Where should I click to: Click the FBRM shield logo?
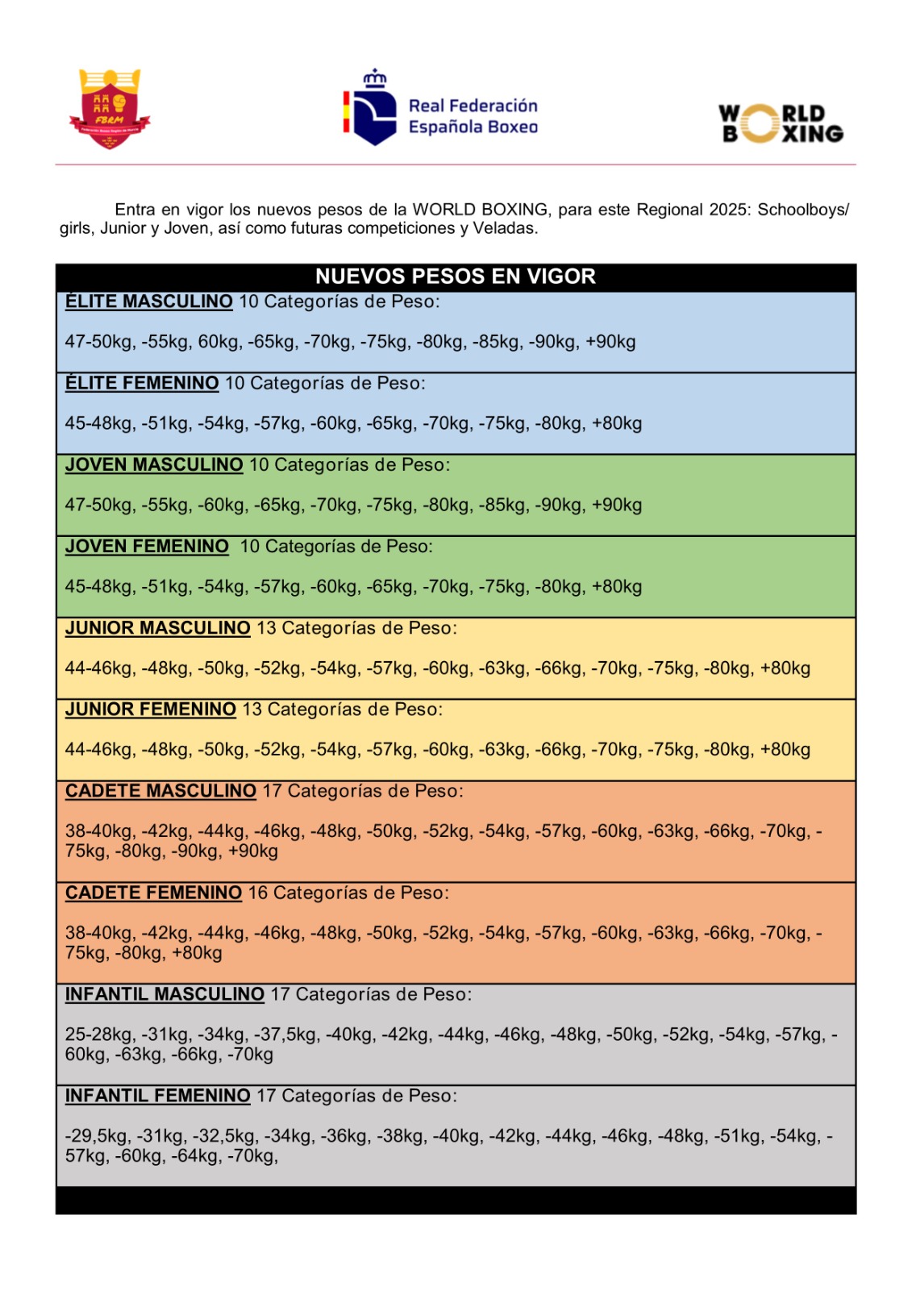pos(110,109)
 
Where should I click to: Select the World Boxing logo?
pos(781,123)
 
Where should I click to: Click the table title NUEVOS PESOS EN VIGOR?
pos(456,277)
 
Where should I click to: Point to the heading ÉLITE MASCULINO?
pos(149,302)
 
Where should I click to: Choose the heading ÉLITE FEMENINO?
pos(142,383)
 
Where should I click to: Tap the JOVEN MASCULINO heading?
pos(154,465)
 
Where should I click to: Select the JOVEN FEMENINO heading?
pos(147,547)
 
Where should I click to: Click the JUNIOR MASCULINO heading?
pos(158,628)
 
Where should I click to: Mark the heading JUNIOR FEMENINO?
pos(151,709)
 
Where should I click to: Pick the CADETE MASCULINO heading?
pos(160,791)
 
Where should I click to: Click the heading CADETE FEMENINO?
pos(153,893)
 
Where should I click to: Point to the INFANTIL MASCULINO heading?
pos(164,994)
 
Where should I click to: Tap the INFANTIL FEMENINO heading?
pos(158,1096)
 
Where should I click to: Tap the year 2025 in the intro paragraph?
pos(729,210)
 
